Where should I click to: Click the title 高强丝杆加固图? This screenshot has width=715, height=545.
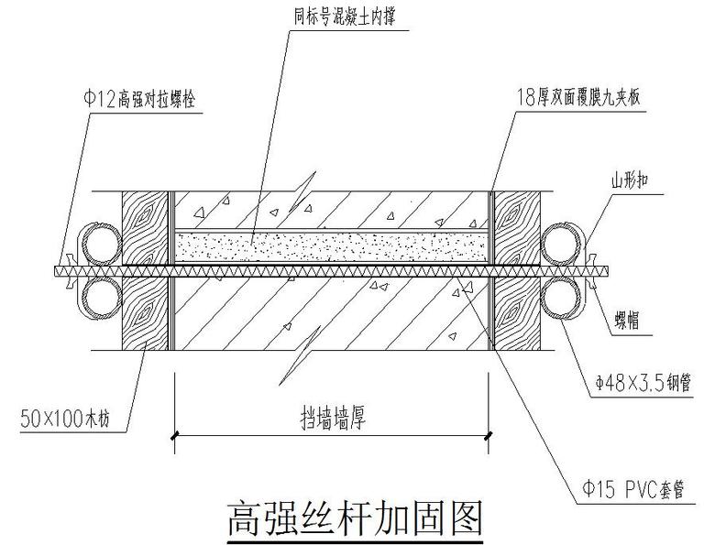click(x=353, y=518)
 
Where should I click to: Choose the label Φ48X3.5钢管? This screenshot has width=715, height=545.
click(x=636, y=387)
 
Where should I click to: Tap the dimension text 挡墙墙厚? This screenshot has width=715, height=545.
click(x=332, y=419)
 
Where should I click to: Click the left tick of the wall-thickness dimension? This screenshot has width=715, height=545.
click(x=174, y=437)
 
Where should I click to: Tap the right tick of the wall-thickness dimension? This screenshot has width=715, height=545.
click(x=489, y=437)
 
